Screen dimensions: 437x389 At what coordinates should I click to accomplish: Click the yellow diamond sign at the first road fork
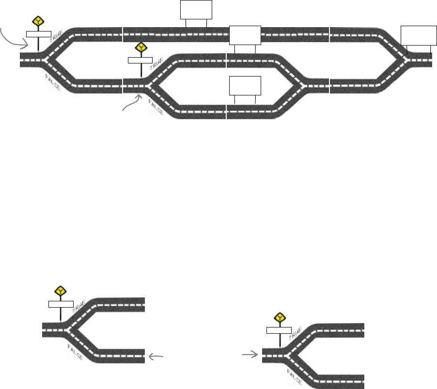point(38,21)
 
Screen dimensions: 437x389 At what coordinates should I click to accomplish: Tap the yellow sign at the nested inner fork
point(141,47)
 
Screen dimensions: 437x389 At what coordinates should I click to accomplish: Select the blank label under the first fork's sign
point(38,33)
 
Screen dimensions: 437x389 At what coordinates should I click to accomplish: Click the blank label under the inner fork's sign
point(140,60)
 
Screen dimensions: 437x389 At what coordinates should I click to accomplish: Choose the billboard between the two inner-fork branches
point(245,86)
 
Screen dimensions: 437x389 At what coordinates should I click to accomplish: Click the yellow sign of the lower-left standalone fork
point(61,291)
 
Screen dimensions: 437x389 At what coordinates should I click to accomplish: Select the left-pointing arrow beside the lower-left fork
point(156,357)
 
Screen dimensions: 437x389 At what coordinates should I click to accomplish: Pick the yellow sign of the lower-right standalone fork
point(280,317)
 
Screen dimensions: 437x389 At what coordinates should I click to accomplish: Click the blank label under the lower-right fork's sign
point(279,330)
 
